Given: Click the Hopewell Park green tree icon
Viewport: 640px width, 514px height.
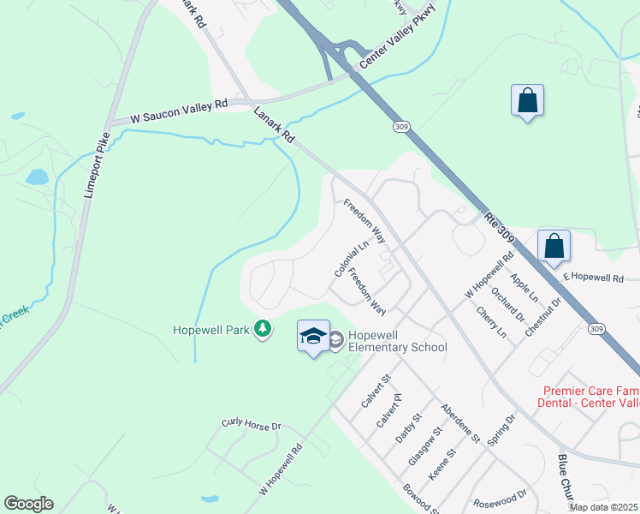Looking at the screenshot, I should coord(264,329).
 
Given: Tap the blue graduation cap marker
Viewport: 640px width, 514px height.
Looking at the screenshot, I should coord(313,336).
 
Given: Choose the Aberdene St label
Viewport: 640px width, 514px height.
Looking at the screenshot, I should coord(459,423).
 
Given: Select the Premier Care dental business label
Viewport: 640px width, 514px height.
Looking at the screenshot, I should coord(590,395).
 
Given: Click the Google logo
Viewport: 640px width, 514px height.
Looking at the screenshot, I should coord(28,503).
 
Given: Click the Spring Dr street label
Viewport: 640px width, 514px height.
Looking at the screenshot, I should coord(501,431).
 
